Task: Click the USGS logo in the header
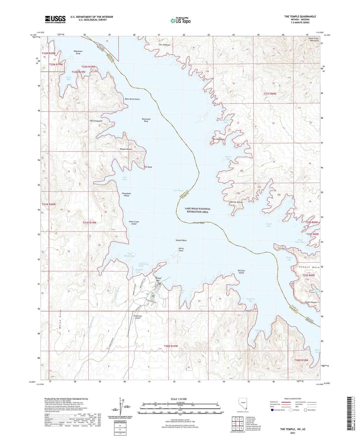55,19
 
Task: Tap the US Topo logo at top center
180,20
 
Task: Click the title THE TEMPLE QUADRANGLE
300,17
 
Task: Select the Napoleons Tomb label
78,52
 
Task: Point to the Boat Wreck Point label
132,99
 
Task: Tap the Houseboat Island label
126,194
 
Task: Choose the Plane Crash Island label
134,223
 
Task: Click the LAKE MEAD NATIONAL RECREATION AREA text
197,210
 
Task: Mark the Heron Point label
181,250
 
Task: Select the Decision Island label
241,272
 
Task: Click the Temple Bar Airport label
138,317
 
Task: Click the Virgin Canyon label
311,302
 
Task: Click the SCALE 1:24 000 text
180,399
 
